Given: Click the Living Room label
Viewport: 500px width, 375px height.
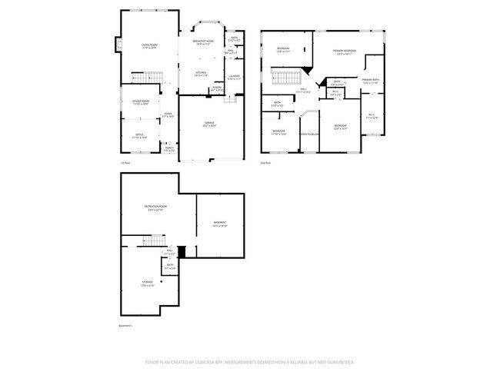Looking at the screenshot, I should [x=149, y=46].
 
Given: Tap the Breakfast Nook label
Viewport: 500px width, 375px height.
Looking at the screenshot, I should [x=204, y=43].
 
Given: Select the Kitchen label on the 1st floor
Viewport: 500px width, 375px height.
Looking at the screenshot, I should [x=201, y=75].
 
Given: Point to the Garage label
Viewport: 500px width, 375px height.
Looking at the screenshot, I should [x=209, y=124].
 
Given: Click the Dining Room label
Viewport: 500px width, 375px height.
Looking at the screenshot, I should [x=140, y=102].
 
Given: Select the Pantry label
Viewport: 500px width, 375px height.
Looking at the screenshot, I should [x=217, y=89].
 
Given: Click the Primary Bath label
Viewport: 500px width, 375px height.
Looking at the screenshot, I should [x=371, y=81].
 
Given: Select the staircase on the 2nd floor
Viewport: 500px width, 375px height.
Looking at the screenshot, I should [x=286, y=77].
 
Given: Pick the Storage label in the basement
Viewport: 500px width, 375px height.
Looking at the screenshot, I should [x=147, y=283].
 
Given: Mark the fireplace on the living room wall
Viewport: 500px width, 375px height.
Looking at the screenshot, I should [x=118, y=46].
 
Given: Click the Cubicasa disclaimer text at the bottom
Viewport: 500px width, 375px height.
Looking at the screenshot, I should [x=250, y=360].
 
